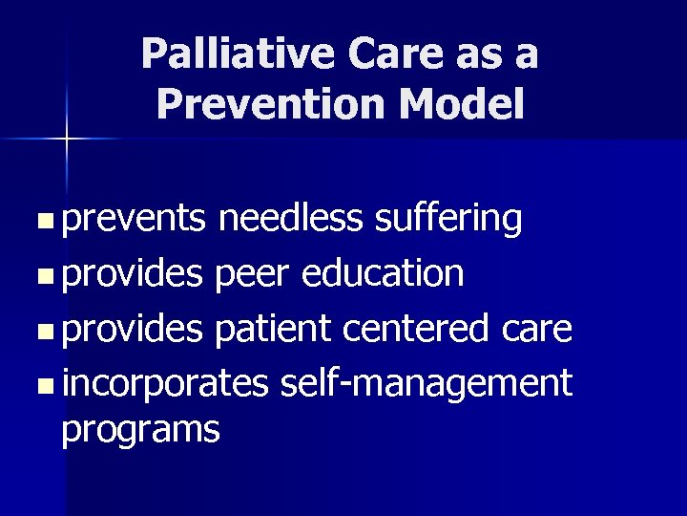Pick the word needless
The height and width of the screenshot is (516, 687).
pyautogui.click(x=290, y=219)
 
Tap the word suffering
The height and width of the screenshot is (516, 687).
pyautogui.click(x=448, y=219)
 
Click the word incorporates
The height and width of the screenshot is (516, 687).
pyautogui.click(x=165, y=384)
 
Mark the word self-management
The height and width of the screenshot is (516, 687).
pyautogui.click(x=427, y=384)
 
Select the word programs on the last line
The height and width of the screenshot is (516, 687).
pyautogui.click(x=140, y=430)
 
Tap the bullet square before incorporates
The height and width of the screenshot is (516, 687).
pyautogui.click(x=46, y=386)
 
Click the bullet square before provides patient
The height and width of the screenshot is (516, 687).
pyautogui.click(x=46, y=331)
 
